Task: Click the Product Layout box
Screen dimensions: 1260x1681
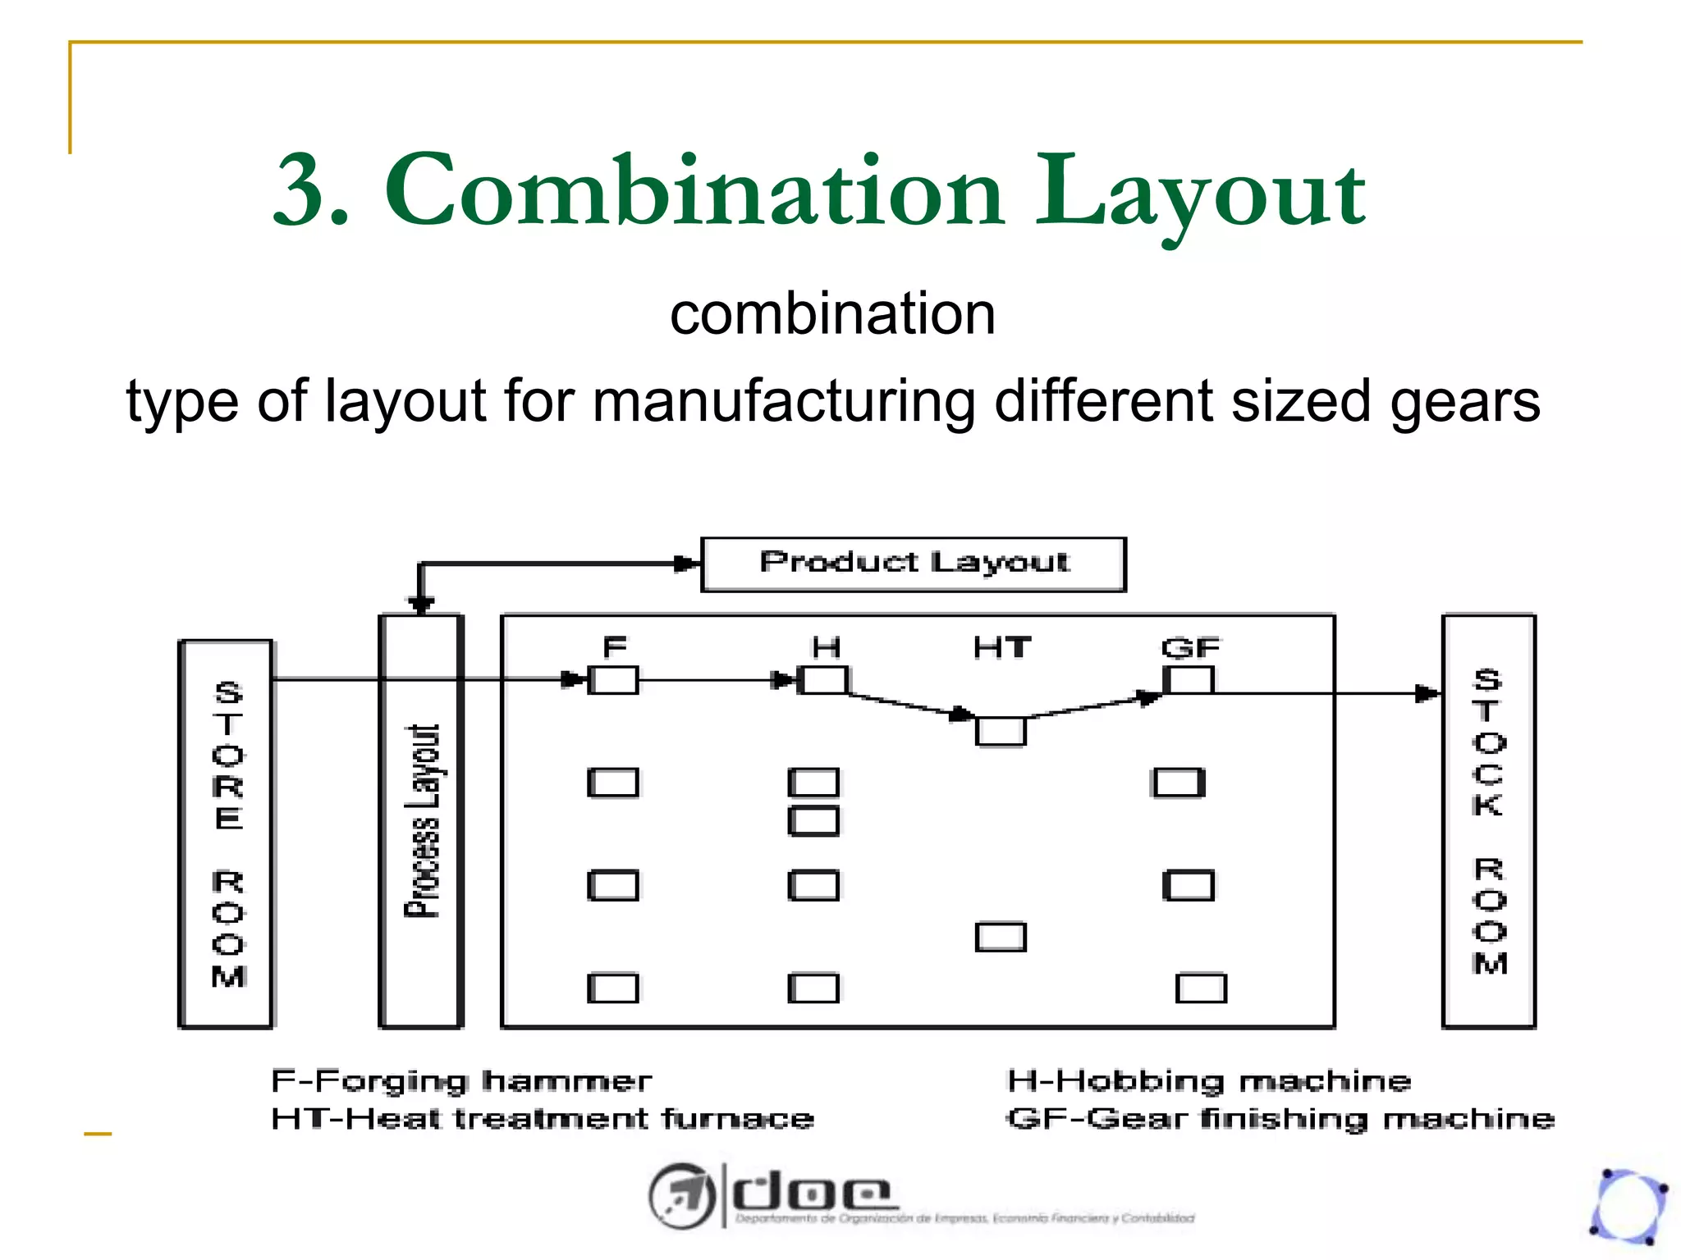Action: point(913,564)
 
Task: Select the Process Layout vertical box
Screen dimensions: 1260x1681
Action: point(421,820)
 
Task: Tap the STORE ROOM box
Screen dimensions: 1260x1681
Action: point(227,833)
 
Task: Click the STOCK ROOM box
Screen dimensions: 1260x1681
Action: point(1488,820)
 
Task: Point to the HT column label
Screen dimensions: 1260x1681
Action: point(1001,648)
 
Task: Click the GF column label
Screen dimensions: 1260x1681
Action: point(1190,648)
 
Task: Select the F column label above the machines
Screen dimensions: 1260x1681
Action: point(614,648)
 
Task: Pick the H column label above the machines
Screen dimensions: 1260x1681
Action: point(826,648)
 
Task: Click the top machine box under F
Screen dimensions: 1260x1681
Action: point(613,680)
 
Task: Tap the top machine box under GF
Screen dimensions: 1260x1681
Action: point(1188,680)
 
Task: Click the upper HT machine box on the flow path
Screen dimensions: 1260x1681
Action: point(1001,731)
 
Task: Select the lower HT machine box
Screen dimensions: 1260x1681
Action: point(1001,937)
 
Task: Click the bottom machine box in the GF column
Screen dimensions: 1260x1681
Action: point(1201,988)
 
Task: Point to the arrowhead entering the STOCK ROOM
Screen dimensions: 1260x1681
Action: point(1428,694)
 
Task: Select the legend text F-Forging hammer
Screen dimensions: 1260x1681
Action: point(461,1081)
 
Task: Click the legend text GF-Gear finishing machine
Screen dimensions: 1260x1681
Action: point(1280,1119)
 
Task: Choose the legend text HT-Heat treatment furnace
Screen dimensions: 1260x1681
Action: point(543,1119)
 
